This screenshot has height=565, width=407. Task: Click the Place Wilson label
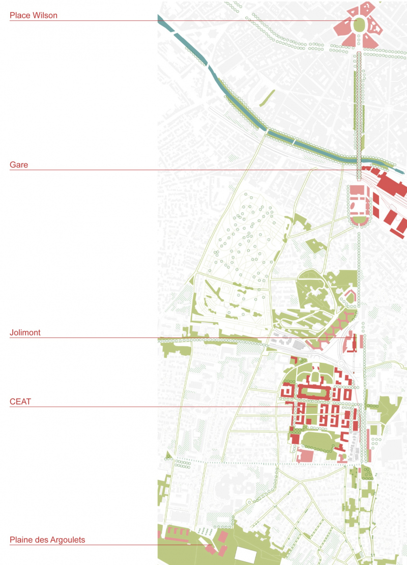pos(34,15)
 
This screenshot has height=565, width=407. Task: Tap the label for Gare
pos(19,164)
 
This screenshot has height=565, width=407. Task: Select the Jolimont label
pos(25,332)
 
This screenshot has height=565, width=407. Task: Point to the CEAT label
pos(20,402)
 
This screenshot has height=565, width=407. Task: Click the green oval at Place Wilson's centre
pos(359,24)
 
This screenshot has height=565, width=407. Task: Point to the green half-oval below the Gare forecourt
pos(360,220)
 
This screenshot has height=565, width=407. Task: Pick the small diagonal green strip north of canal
pos(266,98)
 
